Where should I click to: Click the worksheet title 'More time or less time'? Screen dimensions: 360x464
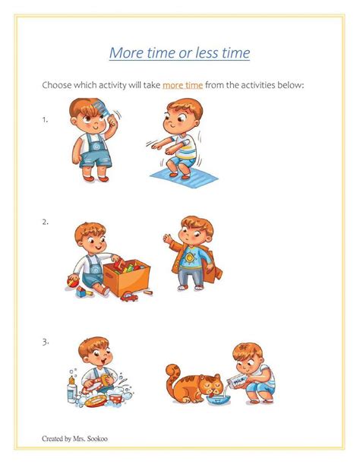tap(179, 53)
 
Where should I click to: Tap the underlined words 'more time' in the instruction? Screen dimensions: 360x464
tap(183, 85)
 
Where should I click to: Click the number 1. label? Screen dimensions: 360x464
tap(45, 119)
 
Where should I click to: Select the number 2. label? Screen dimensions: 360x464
tap(45, 222)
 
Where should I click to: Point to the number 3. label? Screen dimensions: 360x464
tap(46, 342)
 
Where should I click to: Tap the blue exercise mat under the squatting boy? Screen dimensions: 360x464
tap(184, 178)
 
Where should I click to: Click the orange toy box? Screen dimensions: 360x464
tap(127, 278)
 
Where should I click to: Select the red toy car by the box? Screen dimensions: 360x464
tap(129, 297)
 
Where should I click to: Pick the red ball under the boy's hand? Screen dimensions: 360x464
tap(73, 282)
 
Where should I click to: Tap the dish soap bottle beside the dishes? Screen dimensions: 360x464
tap(71, 390)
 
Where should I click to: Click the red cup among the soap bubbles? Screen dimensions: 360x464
tap(116, 398)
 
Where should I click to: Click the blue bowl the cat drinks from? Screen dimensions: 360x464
tap(219, 401)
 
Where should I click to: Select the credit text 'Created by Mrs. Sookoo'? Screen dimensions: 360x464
tap(74, 438)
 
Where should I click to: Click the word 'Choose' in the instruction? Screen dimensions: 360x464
tap(57, 85)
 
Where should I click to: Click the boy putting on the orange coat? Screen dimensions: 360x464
tap(193, 254)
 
